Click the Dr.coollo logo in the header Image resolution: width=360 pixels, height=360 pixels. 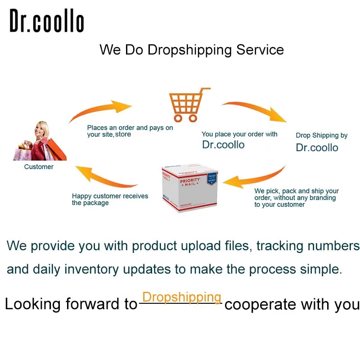tap(47, 20)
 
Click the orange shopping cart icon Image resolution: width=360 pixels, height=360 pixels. tap(189, 105)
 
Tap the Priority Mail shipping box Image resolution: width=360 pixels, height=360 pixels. tap(189, 188)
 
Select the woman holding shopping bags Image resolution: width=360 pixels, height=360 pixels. tap(40, 141)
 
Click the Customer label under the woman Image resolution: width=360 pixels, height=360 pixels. tap(39, 166)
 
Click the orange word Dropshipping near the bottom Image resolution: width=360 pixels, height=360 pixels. tap(182, 297)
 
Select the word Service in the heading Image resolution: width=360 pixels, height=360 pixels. tap(260, 49)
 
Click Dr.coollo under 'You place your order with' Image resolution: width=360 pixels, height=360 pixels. tap(223, 144)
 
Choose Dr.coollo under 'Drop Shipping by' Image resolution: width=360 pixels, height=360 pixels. tap(317, 148)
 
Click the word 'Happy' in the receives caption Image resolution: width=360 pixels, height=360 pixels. tap(82, 196)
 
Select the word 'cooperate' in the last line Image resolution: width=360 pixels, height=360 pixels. tap(261, 305)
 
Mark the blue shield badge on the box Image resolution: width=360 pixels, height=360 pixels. tap(211, 179)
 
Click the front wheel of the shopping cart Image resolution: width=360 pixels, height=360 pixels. tap(178, 118)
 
